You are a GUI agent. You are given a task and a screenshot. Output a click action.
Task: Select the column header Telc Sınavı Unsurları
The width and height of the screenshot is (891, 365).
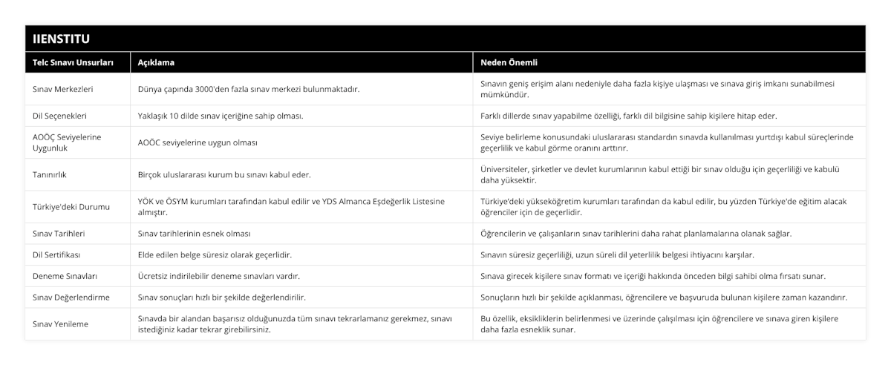coord(74,63)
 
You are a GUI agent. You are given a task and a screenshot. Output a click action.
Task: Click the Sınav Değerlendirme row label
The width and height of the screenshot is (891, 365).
coord(72,297)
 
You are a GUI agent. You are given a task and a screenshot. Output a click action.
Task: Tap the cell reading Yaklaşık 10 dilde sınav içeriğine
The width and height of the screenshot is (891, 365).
coord(221,116)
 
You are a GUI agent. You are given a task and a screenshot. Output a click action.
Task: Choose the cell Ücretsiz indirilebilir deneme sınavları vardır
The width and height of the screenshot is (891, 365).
coord(219,276)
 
